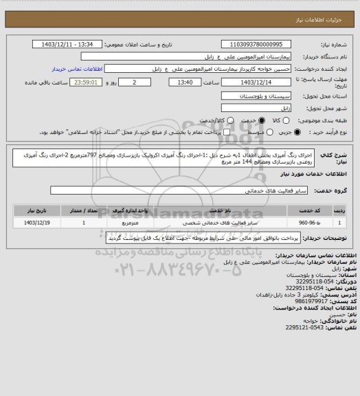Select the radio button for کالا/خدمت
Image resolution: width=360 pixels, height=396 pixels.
210,120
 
